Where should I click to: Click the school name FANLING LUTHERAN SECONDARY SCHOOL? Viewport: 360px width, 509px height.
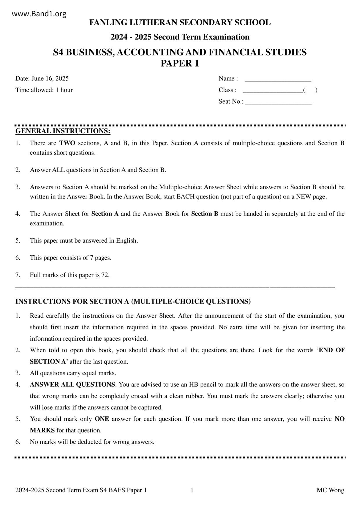pyautogui.click(x=180, y=22)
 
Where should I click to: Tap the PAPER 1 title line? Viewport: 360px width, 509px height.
pyautogui.click(x=180, y=63)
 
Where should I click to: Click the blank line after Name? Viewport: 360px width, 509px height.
pyautogui.click(x=278, y=79)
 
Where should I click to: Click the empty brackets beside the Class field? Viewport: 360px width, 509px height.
pyautogui.click(x=310, y=90)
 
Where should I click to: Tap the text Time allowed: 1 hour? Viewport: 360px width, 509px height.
pyautogui.click(x=44, y=90)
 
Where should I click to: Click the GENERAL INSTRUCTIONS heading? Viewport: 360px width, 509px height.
pyautogui.click(x=63, y=131)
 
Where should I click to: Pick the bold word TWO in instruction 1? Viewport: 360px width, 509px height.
pyautogui.click(x=67, y=143)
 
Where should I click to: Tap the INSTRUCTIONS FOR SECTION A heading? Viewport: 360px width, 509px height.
pyautogui.click(x=133, y=301)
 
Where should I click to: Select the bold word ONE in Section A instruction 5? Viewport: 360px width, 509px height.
pyautogui.click(x=102, y=419)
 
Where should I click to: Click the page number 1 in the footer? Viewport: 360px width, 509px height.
pyautogui.click(x=192, y=490)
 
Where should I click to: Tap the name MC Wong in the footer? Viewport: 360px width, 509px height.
pyautogui.click(x=330, y=490)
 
